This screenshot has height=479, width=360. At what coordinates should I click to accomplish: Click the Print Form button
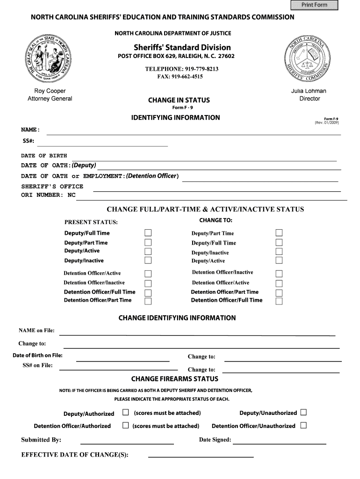(314, 5)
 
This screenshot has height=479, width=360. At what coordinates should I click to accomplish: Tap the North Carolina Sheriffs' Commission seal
(309, 59)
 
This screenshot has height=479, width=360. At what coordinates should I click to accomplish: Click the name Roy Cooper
(50, 91)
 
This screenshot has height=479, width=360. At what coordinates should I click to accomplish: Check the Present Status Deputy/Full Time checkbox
(148, 233)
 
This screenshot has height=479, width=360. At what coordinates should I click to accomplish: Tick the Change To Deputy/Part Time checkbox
(279, 233)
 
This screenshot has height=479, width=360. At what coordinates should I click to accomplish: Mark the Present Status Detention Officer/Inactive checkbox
(148, 283)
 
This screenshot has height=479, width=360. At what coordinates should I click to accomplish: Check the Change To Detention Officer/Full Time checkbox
(279, 301)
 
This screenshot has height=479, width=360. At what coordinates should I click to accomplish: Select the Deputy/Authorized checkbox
(125, 413)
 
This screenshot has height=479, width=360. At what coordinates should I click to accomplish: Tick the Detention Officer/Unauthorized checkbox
(303, 425)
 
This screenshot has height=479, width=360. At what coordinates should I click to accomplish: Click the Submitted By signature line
(127, 442)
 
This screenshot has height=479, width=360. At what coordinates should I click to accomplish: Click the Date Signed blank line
(279, 442)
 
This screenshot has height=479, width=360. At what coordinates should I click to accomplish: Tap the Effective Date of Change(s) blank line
(201, 456)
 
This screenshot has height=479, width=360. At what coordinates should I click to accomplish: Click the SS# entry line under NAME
(106, 145)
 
